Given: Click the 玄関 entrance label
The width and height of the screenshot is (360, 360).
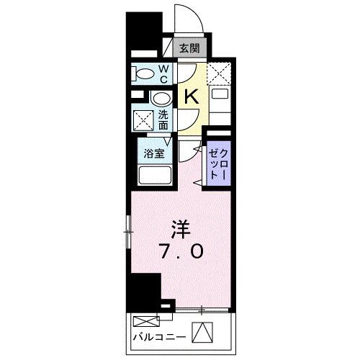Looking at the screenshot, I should tap(191, 50).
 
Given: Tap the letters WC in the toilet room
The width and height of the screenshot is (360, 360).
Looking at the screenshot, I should tap(163, 73).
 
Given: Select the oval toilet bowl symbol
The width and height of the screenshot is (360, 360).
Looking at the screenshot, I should tap(144, 73).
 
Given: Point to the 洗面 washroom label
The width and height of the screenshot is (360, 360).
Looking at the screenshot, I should tap(163, 118).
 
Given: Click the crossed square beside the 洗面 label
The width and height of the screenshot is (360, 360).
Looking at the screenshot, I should tap(143, 118).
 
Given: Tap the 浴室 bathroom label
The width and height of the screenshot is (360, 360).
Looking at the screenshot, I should tap(153, 153).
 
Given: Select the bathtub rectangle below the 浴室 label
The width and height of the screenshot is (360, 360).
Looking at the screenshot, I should tap(153, 175).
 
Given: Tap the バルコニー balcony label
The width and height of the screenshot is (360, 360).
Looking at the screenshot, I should tap(158, 336).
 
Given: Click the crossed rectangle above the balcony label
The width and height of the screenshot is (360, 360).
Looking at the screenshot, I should tap(145, 320).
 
